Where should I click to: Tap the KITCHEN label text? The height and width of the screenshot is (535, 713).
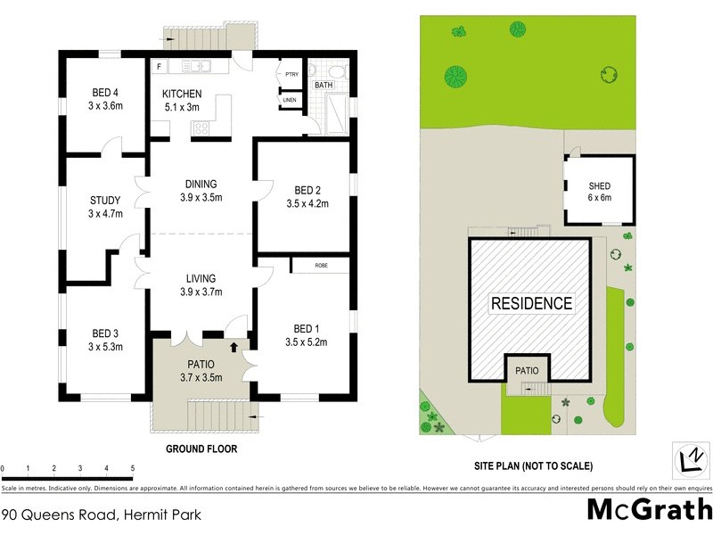(x=182, y=95)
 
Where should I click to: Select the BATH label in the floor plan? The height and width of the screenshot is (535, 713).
(x=323, y=85)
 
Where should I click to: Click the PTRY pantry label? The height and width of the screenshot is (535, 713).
(x=291, y=74)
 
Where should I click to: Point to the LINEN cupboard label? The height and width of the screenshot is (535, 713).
(x=290, y=100)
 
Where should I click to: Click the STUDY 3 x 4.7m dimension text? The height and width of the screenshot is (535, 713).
(x=105, y=214)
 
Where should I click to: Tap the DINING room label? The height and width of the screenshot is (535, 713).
(x=201, y=184)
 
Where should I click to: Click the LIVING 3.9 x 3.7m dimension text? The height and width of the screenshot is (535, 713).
(x=201, y=292)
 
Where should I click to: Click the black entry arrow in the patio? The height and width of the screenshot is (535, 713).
(x=234, y=347)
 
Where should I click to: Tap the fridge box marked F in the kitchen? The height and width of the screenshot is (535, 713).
(x=159, y=67)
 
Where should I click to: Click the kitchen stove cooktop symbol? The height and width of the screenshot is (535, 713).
(x=201, y=128)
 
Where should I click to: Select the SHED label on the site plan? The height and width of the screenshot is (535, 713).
(x=599, y=185)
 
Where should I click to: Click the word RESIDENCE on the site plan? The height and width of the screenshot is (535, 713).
(x=532, y=303)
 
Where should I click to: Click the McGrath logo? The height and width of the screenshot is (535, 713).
(x=650, y=509)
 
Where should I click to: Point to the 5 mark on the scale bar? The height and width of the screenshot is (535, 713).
(x=132, y=468)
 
